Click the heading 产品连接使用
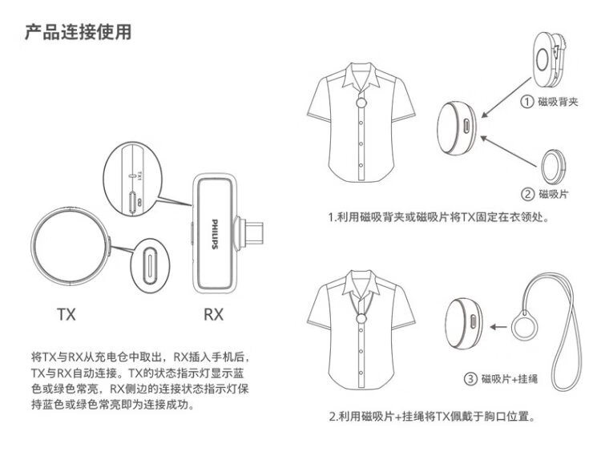[78, 33]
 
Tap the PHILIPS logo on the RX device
[214, 232]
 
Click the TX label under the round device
[67, 314]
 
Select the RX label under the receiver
[213, 314]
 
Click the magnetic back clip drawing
[548, 58]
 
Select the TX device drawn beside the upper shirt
[460, 127]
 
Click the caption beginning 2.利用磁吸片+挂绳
[433, 417]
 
